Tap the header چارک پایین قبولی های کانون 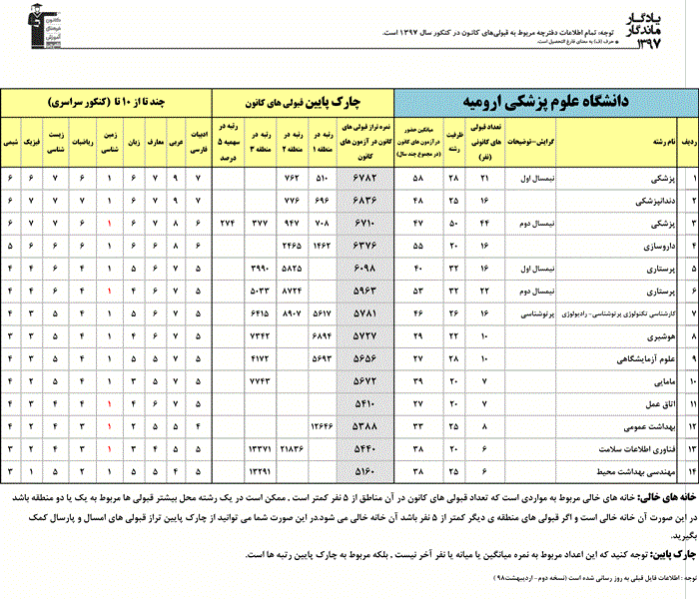pos(303,102)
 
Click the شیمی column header pos(11,143)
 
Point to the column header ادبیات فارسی pos(198,143)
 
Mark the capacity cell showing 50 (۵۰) pos(453,222)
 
